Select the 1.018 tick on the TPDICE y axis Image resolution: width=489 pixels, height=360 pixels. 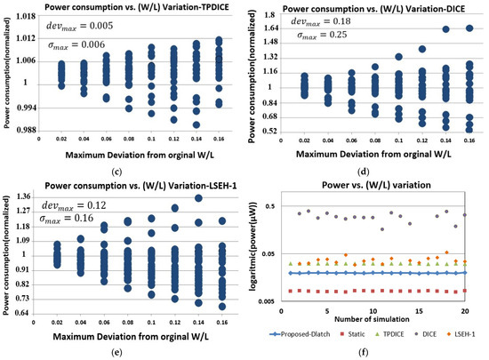(x=26, y=15)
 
